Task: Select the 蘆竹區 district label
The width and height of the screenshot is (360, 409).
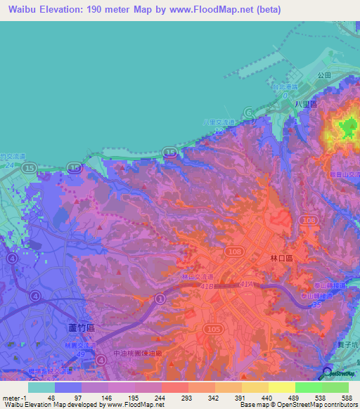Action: (x=80, y=327)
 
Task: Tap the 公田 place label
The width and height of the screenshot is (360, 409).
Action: (x=324, y=74)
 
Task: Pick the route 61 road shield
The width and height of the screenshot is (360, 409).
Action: (x=249, y=112)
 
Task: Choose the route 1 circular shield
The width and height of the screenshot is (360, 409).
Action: (x=160, y=300)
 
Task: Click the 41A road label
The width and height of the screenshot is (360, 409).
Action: (x=246, y=284)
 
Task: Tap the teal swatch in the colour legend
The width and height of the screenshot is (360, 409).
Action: (x=41, y=387)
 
